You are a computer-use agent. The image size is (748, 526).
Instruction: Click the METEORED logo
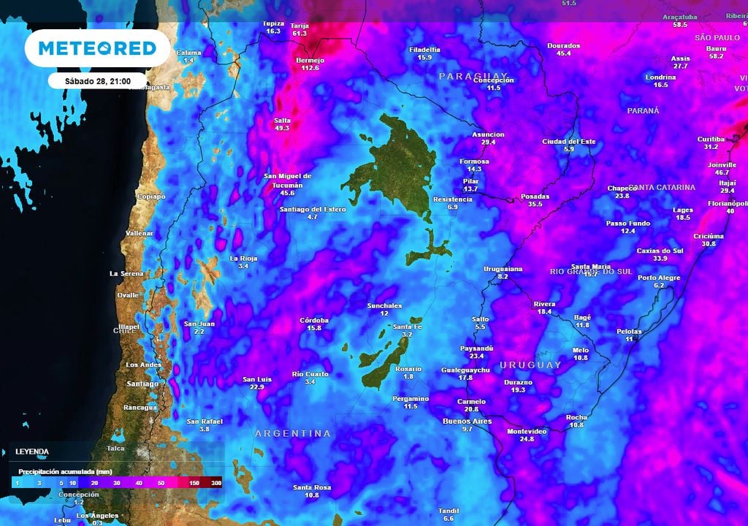coord(97,48)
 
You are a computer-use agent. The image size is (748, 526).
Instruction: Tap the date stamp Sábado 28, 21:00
coord(98,80)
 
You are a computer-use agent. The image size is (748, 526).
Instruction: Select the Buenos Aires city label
coord(467,421)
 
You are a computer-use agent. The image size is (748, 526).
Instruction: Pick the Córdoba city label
coord(315,320)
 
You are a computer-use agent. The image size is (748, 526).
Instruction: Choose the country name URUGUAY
coord(530,365)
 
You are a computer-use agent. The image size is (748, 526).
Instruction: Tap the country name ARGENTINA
coord(292,433)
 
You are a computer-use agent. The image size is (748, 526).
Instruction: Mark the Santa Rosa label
coord(312,487)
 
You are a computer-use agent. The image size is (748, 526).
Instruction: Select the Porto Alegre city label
coord(659,278)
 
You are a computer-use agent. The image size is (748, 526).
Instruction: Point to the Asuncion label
coord(488,134)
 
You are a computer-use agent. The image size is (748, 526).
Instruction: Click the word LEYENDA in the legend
coord(32,452)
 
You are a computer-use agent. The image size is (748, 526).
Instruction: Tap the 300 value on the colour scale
coord(216,484)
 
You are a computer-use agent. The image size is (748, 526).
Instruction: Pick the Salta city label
coord(282,120)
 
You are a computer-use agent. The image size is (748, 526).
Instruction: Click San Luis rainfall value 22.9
coord(257,387)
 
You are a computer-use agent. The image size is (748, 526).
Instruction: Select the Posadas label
coord(535,197)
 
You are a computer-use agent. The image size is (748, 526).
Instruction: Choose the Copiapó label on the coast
coord(151,197)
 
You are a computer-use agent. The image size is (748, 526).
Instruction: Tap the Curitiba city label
coord(711,139)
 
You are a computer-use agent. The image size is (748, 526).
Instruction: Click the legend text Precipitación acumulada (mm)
coord(64,472)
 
